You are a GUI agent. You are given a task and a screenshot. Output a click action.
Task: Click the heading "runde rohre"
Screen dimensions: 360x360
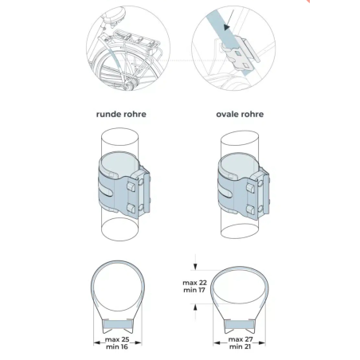point(121,114)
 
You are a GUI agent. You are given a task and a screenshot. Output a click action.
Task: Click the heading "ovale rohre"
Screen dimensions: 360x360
point(240,114)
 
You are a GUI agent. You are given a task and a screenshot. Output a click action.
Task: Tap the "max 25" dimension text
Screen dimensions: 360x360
point(117,339)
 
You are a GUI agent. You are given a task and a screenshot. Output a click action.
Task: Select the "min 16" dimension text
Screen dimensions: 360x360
point(117,346)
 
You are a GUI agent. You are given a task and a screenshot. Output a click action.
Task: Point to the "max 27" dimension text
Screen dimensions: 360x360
point(241,339)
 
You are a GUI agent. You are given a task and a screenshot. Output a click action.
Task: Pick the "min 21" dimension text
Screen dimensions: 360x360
point(240,346)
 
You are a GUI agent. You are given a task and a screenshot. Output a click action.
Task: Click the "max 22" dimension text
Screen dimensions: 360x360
point(194,283)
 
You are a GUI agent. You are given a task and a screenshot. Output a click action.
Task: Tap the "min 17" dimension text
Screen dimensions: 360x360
point(194,290)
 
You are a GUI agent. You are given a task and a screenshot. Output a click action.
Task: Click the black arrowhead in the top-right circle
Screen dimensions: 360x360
point(227,27)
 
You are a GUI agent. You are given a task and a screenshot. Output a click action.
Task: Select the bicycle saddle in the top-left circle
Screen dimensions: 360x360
point(115,15)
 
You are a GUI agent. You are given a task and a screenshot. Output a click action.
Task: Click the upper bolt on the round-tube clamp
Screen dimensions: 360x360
point(131,186)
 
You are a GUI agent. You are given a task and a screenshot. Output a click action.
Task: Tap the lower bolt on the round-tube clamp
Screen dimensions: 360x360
point(131,207)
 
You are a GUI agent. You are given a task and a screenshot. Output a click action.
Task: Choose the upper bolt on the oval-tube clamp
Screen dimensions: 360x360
point(251,188)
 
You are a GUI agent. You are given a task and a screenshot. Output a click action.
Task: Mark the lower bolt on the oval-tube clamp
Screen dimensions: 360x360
point(251,209)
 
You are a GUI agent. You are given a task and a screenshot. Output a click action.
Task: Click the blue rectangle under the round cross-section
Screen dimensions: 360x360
point(118,324)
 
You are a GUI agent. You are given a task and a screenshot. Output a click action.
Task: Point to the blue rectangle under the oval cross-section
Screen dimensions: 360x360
point(240,324)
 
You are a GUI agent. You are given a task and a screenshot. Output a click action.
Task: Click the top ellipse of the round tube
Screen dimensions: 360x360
point(120,129)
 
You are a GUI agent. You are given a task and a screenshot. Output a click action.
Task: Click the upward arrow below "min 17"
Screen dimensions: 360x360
point(195,311)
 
